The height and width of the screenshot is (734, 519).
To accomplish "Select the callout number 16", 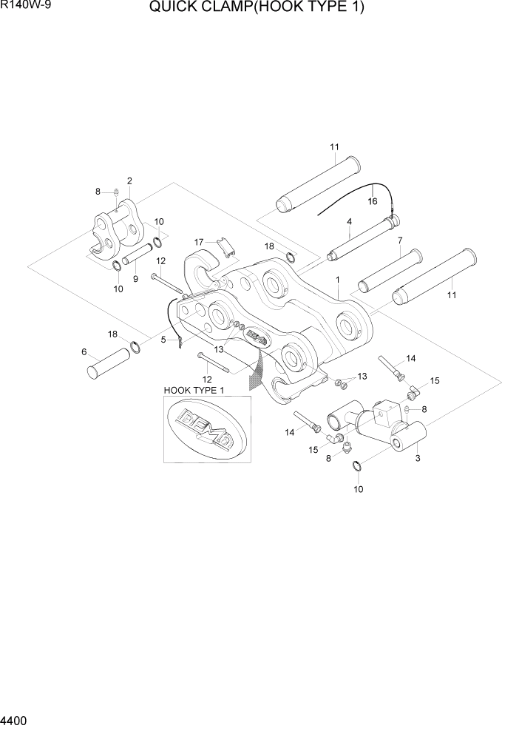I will tap(372, 200).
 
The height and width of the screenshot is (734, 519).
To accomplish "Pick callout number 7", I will tap(400, 240).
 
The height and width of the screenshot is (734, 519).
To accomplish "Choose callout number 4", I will tap(348, 221).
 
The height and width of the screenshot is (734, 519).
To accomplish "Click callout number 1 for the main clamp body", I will tap(337, 280).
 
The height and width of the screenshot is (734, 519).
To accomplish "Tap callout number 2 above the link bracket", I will tap(129, 181).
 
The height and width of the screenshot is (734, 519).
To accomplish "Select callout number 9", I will tap(135, 279).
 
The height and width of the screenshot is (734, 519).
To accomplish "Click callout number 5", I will tap(163, 340).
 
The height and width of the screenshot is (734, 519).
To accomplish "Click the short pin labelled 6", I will tap(109, 363).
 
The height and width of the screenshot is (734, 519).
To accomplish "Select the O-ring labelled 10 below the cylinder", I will tap(357, 465).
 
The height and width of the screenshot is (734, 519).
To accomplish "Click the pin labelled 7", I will tap(390, 272).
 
